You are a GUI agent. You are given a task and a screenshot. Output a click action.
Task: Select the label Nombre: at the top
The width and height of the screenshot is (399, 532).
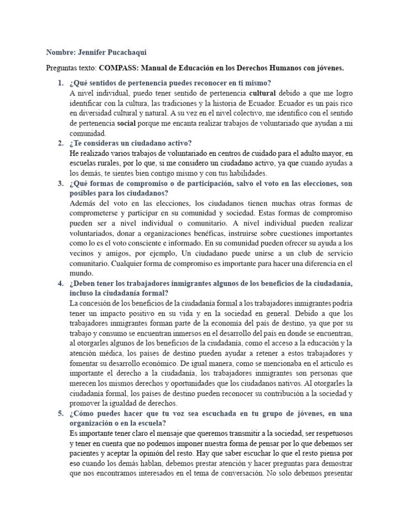[x=61, y=52]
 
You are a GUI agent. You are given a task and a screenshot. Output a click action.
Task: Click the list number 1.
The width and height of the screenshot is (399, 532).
[x=60, y=83]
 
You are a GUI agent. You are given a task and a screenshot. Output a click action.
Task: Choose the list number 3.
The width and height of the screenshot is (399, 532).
[x=60, y=183]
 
